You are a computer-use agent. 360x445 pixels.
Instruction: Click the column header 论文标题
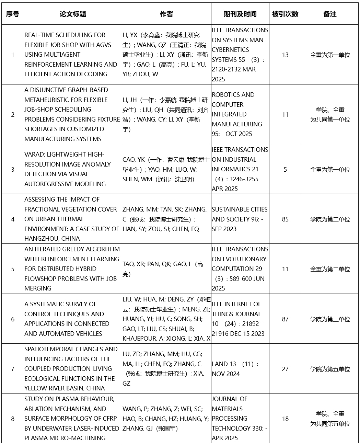(x=73, y=14)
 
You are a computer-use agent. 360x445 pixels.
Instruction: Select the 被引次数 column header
(x=285, y=14)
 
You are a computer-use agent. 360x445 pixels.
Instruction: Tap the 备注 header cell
(x=330, y=14)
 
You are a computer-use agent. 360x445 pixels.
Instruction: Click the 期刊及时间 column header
(x=240, y=14)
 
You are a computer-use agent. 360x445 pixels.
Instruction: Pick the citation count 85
(x=285, y=219)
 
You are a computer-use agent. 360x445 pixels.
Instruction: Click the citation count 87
(x=285, y=319)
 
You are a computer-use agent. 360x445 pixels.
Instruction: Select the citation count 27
(x=285, y=369)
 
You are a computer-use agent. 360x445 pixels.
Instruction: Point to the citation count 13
(x=285, y=55)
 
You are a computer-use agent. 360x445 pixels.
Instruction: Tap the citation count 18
(x=285, y=419)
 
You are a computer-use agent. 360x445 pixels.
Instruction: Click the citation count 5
(x=285, y=169)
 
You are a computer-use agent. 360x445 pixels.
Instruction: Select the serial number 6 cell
(x=13, y=319)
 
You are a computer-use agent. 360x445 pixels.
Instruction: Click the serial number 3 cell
(x=13, y=169)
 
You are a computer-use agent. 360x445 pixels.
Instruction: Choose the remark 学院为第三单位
(x=330, y=319)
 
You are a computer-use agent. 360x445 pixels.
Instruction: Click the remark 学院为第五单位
(x=330, y=369)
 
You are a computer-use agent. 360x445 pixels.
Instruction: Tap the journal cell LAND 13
(x=237, y=369)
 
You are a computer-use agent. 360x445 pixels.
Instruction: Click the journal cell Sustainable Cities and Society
(x=239, y=219)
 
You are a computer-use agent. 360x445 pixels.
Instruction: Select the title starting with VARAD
(x=67, y=169)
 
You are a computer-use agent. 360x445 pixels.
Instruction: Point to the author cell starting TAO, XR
(x=163, y=269)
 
